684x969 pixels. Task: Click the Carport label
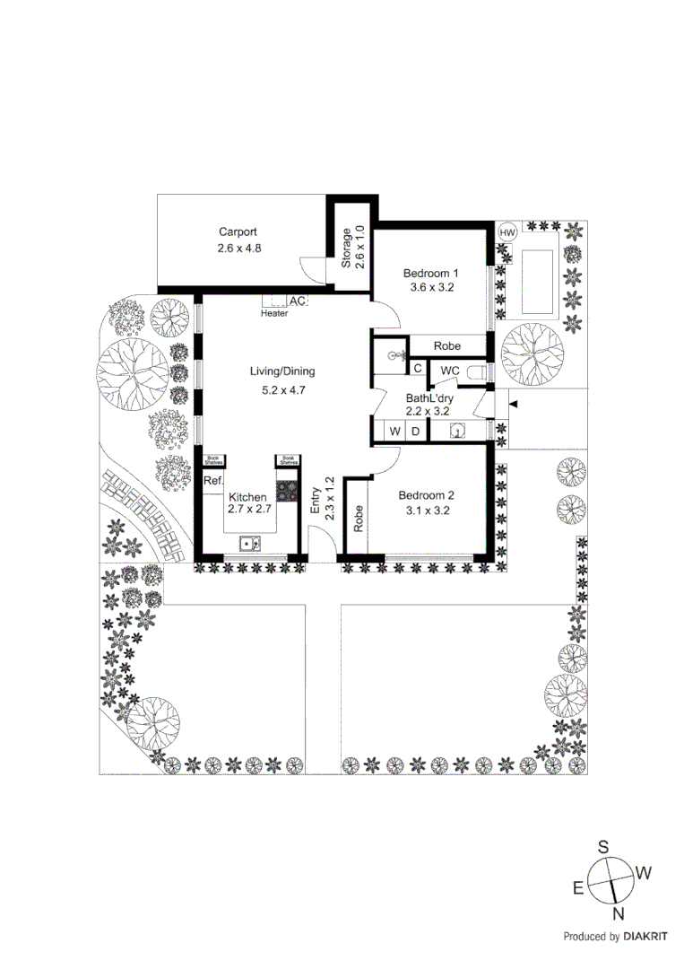[238, 232]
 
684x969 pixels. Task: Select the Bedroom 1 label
[430, 274]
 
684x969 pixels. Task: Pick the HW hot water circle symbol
[507, 232]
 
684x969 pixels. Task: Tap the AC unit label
[298, 301]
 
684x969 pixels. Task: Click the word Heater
[274, 314]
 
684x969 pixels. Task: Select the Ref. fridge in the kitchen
[212, 482]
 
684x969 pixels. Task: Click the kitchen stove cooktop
[287, 492]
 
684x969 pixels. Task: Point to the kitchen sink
[249, 543]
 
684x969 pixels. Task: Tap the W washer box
[394, 432]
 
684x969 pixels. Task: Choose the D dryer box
[415, 432]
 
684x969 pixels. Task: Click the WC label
[450, 371]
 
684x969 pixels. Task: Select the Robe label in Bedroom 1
[446, 346]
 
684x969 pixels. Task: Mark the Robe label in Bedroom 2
[358, 519]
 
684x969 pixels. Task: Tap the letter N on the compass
[618, 914]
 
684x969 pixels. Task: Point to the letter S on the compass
[603, 846]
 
